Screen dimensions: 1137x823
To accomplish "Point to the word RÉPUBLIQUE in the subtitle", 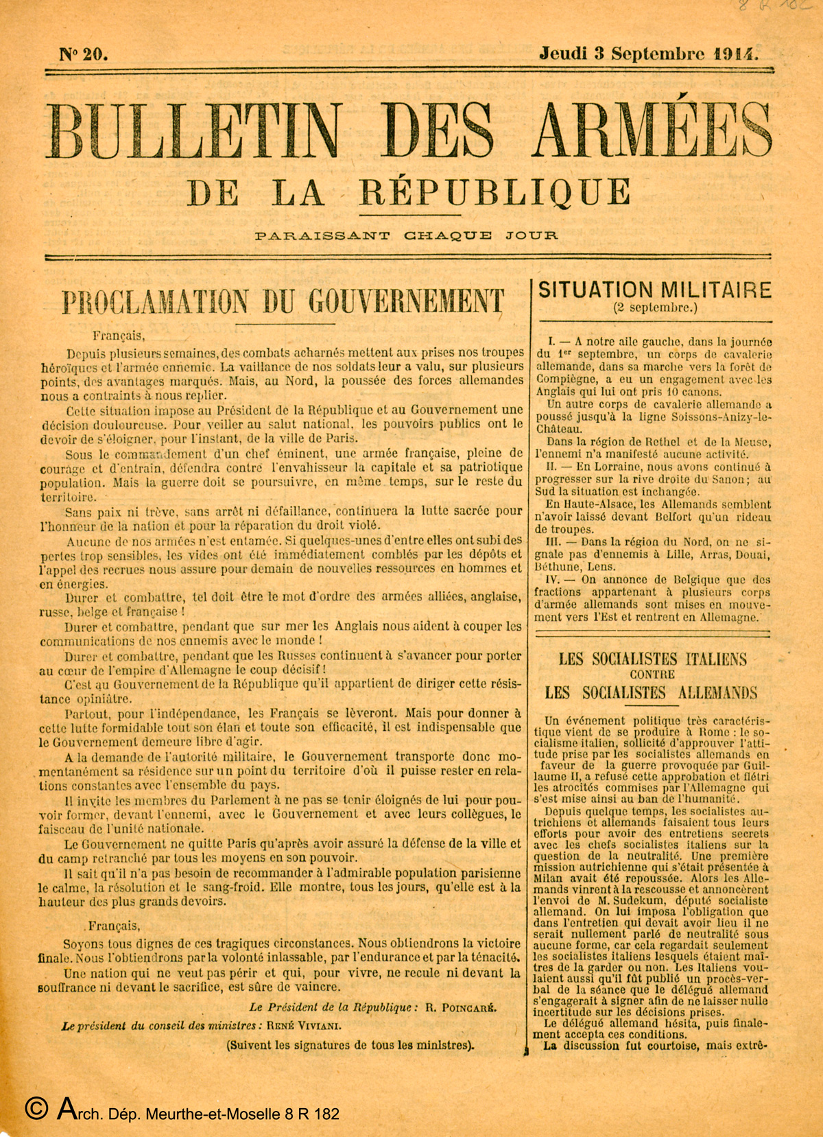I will [x=494, y=191].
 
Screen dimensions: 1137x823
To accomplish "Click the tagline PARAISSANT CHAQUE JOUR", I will [x=406, y=236].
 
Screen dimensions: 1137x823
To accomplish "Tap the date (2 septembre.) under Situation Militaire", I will [x=655, y=307].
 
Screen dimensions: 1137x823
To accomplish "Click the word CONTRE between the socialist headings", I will [x=652, y=674].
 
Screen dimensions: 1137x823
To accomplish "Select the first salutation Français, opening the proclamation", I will [x=117, y=336].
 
